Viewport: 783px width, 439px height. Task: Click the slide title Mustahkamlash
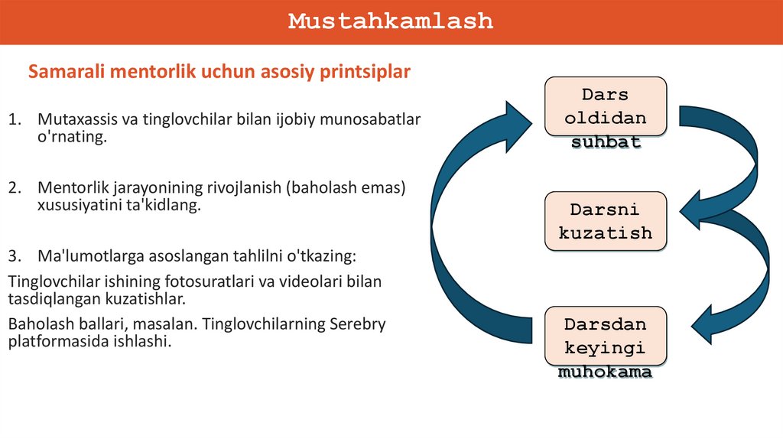point(391,21)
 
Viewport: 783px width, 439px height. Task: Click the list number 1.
point(13,119)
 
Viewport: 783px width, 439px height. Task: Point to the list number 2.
point(13,187)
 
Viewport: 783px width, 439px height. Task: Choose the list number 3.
point(13,254)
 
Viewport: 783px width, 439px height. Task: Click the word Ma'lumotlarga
point(83,254)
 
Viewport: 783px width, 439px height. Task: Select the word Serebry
point(359,324)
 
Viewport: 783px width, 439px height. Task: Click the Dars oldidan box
point(605,106)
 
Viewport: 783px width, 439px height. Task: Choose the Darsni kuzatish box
point(605,221)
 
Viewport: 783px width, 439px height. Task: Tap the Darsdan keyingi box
point(605,336)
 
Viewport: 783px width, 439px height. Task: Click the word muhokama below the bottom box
point(605,373)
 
